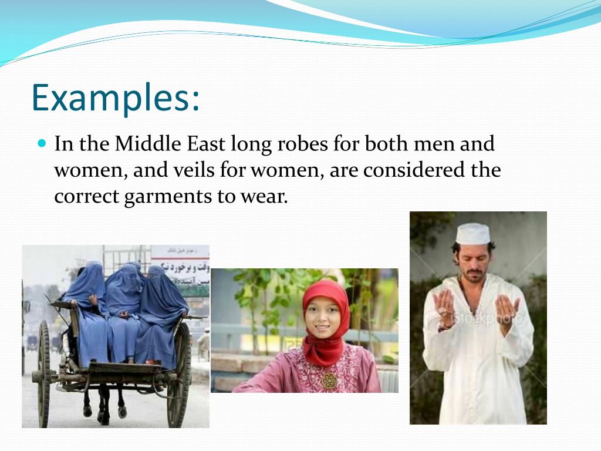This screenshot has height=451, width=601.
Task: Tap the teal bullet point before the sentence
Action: [x=41, y=143]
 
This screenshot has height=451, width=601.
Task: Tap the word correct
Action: [x=86, y=197]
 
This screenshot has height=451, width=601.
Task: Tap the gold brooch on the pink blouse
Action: [x=329, y=380]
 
